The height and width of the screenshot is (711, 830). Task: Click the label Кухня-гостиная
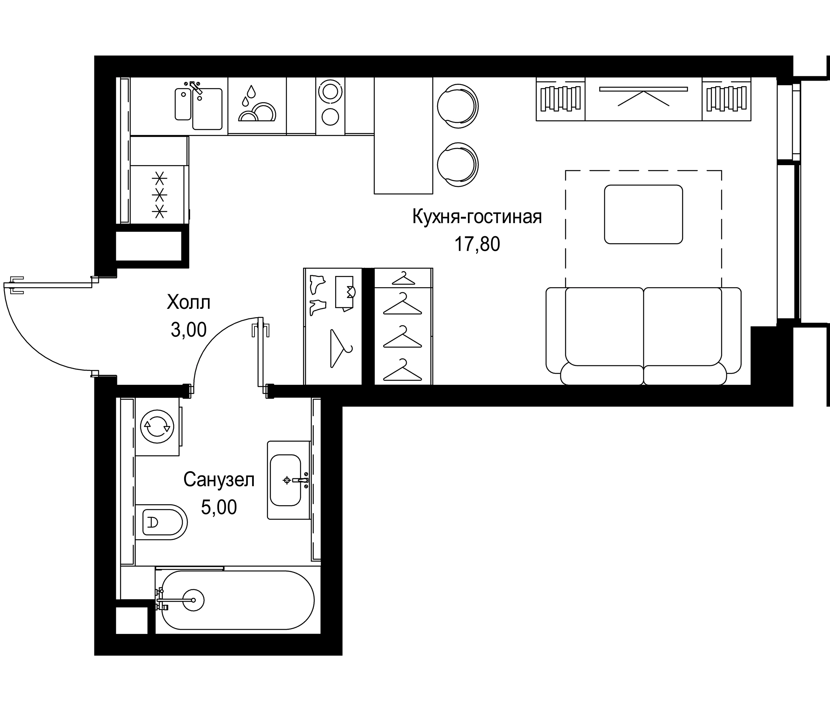(477, 217)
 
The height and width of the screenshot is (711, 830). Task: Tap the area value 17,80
(477, 244)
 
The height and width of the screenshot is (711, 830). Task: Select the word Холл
(188, 303)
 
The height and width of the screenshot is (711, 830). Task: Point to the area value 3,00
(188, 330)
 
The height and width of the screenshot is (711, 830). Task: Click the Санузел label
(219, 480)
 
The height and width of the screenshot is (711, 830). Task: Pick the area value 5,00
(219, 508)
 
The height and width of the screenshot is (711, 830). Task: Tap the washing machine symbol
(157, 427)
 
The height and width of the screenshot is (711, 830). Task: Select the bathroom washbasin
(285, 480)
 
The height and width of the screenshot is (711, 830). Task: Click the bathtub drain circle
(193, 600)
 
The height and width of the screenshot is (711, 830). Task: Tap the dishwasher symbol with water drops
(257, 105)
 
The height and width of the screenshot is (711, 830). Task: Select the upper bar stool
(457, 106)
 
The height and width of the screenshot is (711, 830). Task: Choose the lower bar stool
(457, 165)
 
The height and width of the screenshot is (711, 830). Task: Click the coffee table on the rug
(643, 214)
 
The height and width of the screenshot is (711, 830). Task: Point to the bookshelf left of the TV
(560, 98)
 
